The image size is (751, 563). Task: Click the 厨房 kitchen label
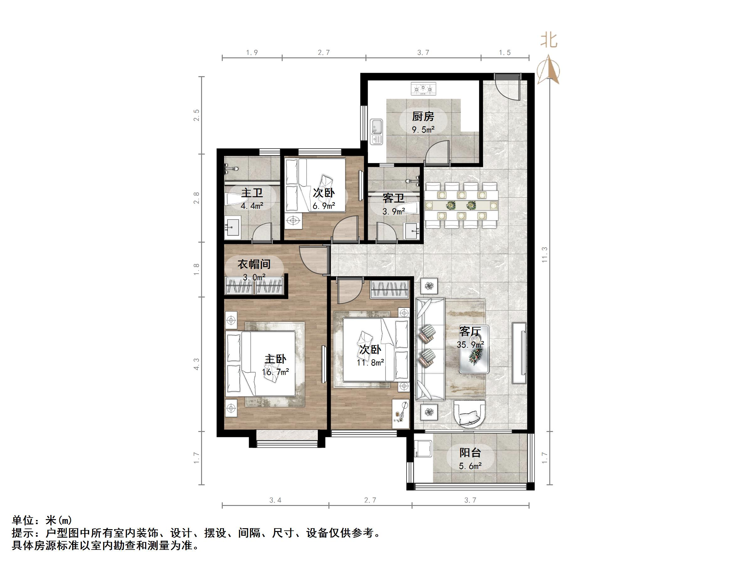423,117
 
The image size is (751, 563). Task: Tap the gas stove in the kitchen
423,89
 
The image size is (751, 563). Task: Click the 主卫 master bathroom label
252,193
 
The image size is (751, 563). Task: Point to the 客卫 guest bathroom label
393,198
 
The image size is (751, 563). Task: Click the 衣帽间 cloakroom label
254,264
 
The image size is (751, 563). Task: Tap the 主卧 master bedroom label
275,359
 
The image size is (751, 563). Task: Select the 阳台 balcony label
470,453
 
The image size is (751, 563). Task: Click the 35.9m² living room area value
470,345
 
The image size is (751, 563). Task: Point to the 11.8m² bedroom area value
370,362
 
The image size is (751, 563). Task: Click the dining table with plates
461,205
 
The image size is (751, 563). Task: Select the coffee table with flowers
474,350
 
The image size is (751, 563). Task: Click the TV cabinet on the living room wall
519,353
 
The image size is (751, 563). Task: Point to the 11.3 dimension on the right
545,255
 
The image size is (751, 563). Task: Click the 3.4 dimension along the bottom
275,500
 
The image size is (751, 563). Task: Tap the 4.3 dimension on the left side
197,364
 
